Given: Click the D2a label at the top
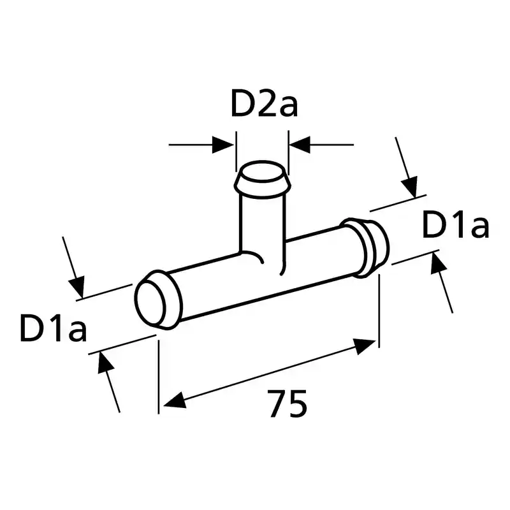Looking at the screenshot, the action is [264, 103].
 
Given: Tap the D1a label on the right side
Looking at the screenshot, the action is [455, 224].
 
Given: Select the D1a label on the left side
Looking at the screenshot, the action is [54, 328].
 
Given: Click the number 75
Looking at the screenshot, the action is [288, 404].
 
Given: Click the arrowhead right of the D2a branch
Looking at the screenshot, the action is [300, 145].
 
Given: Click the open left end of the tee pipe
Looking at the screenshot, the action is [150, 302].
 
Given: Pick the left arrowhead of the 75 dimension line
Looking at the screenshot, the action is [175, 401].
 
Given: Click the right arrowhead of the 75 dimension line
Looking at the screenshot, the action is [365, 346].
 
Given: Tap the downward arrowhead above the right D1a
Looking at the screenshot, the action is [410, 187].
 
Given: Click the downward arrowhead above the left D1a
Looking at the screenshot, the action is [77, 286].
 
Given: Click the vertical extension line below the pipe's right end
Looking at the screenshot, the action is [379, 311].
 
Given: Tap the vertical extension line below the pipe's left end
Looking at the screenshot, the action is [159, 377].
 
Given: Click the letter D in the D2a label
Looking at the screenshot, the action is [242, 103].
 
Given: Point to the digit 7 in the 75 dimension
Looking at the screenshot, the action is [277, 404].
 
